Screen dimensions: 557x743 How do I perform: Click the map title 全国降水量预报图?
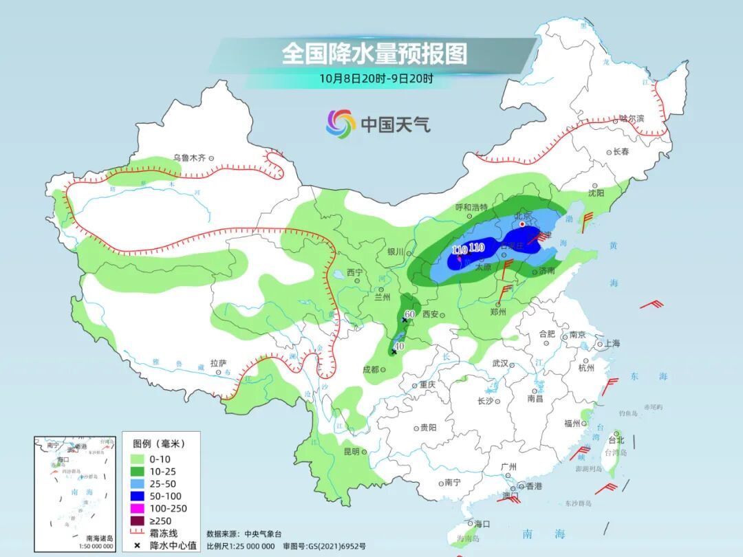pyautogui.click(x=374, y=54)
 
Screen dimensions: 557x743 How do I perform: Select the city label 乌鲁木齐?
pyautogui.click(x=189, y=157)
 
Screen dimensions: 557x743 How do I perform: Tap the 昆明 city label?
pyautogui.click(x=351, y=452)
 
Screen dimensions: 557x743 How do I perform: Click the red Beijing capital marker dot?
pyautogui.click(x=522, y=224)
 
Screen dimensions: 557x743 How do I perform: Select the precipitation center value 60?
pyautogui.click(x=410, y=314)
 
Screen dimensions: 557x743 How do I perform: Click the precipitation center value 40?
pyautogui.click(x=399, y=346)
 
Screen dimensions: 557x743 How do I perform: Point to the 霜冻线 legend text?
pyautogui.click(x=165, y=533)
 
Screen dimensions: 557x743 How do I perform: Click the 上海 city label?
pyautogui.click(x=611, y=343)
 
